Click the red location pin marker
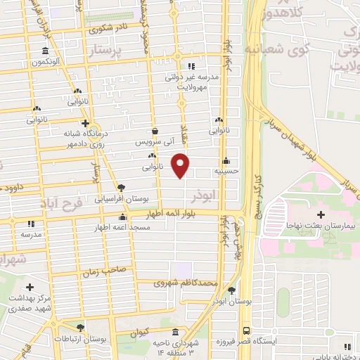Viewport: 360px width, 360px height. pyautogui.click(x=181, y=165)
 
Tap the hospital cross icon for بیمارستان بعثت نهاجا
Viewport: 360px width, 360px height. pyautogui.click(x=321, y=214)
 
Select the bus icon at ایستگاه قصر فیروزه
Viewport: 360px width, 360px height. pyautogui.click(x=245, y=330)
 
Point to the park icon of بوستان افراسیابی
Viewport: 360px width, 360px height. pyautogui.click(x=121, y=188)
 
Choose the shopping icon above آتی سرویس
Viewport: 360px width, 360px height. pyautogui.click(x=155, y=131)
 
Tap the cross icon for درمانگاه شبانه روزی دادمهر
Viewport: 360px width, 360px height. pyautogui.click(x=85, y=122)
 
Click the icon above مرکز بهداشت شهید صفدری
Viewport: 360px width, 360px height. pyautogui.click(x=30, y=287)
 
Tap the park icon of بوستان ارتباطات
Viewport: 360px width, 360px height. pyautogui.click(x=81, y=328)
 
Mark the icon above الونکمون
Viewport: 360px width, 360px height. pyautogui.click(x=46, y=51)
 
